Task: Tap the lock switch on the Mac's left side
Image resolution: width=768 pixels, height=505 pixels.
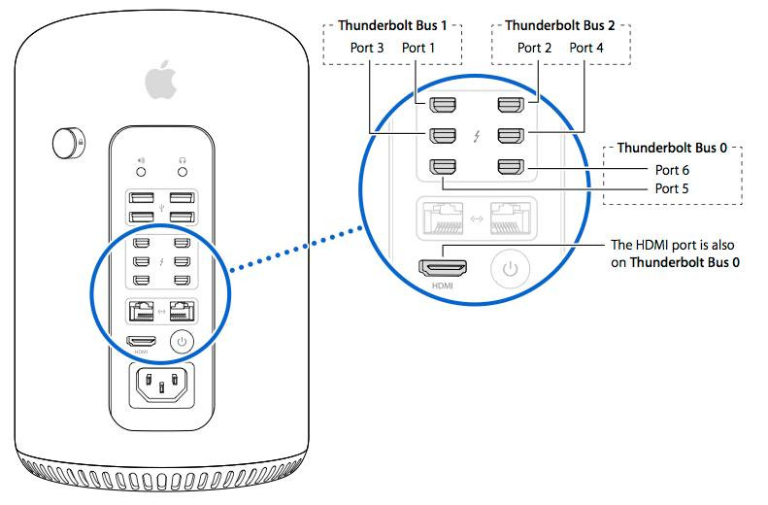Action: pyautogui.click(x=69, y=144)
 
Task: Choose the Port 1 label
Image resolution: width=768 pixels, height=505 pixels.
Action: pyautogui.click(x=419, y=48)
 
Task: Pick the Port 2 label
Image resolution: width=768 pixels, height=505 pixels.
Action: pyautogui.click(x=535, y=48)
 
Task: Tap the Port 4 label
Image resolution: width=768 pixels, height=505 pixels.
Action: pyautogui.click(x=586, y=48)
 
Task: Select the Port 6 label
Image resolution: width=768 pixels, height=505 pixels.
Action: pyautogui.click(x=672, y=170)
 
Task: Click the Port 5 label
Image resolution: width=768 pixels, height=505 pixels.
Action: pyautogui.click(x=672, y=188)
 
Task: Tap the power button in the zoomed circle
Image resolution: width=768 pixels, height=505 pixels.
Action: pyautogui.click(x=511, y=268)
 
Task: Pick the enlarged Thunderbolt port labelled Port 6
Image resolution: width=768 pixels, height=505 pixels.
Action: pyautogui.click(x=510, y=167)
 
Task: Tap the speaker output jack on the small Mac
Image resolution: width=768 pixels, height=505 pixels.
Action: pyautogui.click(x=141, y=171)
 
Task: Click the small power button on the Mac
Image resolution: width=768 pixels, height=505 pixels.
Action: pyautogui.click(x=181, y=341)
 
